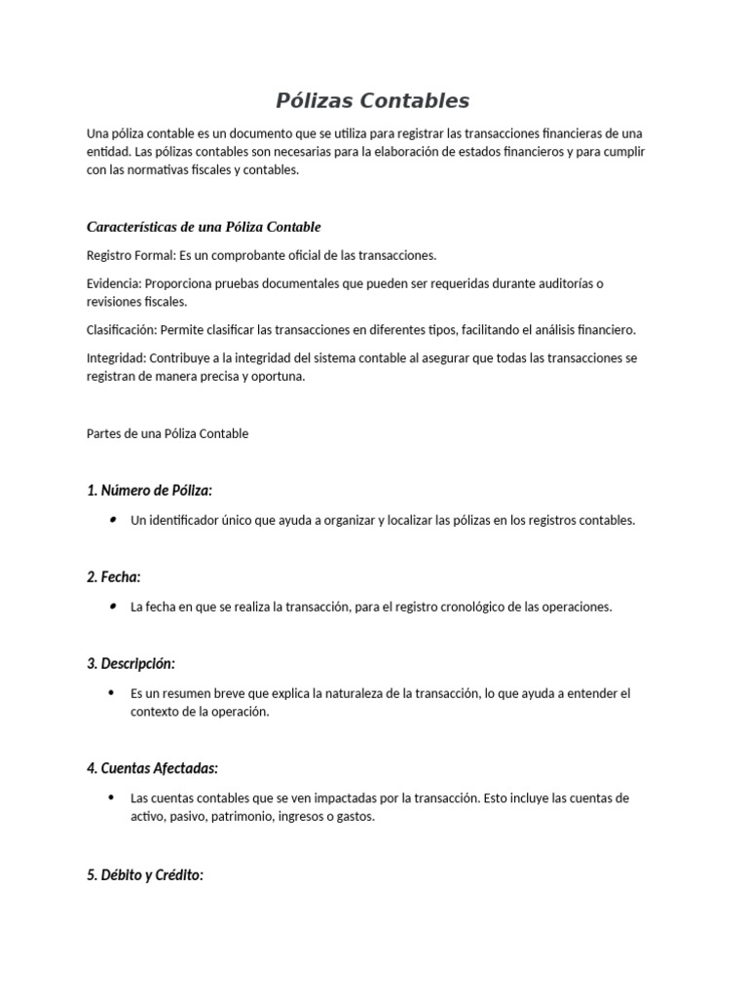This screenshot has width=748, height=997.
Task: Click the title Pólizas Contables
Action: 373,100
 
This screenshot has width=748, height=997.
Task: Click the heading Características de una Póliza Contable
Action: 204,227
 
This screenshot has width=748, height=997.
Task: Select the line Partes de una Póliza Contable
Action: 168,433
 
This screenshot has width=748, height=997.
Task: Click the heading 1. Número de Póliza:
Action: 149,490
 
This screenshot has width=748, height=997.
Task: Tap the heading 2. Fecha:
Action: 114,577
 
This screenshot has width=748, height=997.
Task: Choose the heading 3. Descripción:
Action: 131,664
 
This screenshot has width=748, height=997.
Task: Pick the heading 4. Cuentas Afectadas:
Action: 152,769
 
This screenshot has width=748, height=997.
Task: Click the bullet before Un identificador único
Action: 114,520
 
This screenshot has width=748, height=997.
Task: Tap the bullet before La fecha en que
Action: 114,607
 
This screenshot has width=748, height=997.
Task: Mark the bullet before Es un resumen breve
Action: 114,693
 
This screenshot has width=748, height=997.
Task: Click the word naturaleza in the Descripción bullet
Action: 366,693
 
